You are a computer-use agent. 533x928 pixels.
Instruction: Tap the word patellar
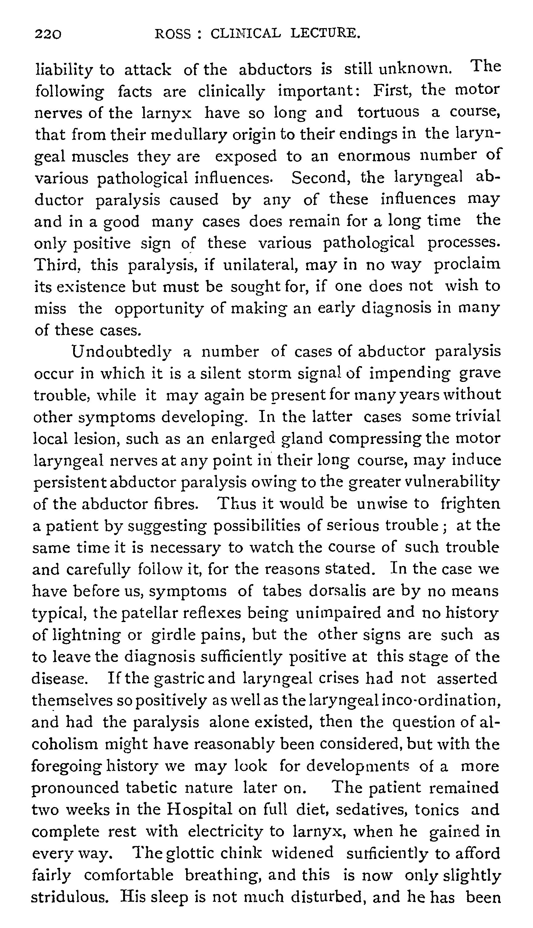(x=146, y=613)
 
